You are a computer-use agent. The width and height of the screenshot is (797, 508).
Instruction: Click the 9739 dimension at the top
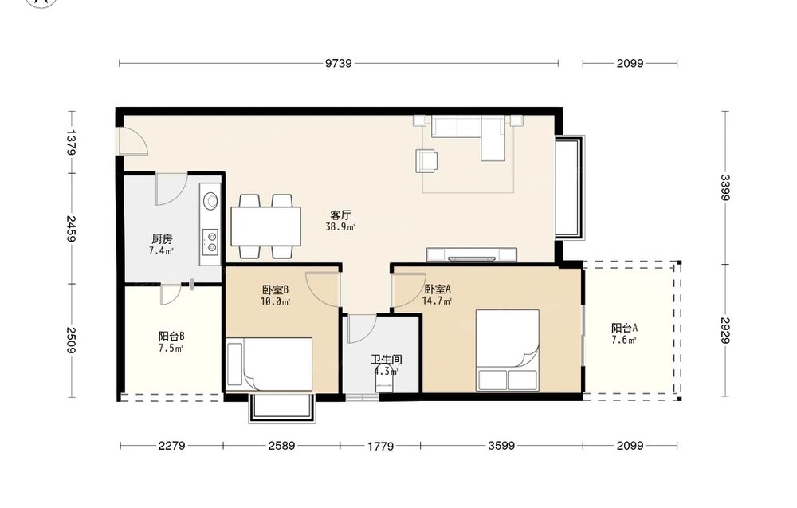339,63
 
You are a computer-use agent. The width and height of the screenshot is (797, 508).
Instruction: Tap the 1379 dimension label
71,143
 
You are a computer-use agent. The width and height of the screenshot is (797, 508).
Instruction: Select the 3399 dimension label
725,187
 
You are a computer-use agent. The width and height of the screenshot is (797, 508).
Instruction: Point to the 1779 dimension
381,446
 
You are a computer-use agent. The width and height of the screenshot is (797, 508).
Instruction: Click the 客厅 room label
340,215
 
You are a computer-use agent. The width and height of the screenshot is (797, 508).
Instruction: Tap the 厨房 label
162,238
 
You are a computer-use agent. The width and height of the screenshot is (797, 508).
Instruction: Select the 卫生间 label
387,360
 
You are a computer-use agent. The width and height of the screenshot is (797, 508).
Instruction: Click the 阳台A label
624,328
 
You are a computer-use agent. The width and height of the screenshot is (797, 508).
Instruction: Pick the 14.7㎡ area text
437,301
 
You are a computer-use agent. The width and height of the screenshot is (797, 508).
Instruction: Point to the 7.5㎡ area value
171,348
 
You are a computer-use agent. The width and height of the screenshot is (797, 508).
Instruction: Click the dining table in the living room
266,226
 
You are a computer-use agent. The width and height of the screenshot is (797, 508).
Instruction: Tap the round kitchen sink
210,201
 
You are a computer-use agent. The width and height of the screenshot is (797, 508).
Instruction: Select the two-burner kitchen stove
210,242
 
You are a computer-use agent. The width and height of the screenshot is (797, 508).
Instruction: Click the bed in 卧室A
507,350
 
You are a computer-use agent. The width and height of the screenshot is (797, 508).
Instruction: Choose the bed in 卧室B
269,364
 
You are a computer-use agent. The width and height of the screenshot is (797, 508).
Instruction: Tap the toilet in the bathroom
384,379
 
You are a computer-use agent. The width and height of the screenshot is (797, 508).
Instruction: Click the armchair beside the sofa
426,160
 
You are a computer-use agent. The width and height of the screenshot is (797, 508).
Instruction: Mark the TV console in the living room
472,254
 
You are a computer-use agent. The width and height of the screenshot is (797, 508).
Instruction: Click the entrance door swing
132,140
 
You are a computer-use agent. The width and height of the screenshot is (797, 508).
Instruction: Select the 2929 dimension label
725,330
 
